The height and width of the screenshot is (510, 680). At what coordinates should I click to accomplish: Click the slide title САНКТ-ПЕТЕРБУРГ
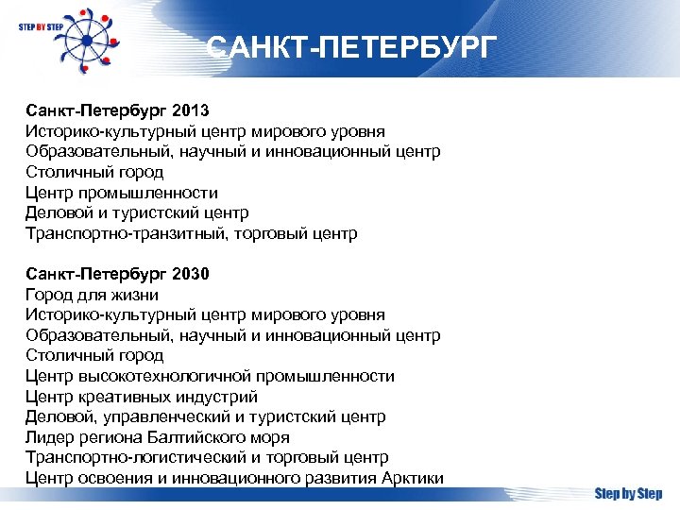(x=350, y=47)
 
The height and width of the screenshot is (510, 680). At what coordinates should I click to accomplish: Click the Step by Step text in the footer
(x=628, y=494)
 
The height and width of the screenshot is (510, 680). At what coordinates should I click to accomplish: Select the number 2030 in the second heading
(x=192, y=275)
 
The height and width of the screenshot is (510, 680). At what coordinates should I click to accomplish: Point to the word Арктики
(x=413, y=478)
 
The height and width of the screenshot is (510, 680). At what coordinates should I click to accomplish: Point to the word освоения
(x=107, y=478)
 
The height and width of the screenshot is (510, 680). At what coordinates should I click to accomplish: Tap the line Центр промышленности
(x=122, y=193)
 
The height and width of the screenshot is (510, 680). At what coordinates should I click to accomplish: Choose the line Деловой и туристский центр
(x=137, y=213)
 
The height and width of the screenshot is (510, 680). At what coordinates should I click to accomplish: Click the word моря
(x=269, y=437)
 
